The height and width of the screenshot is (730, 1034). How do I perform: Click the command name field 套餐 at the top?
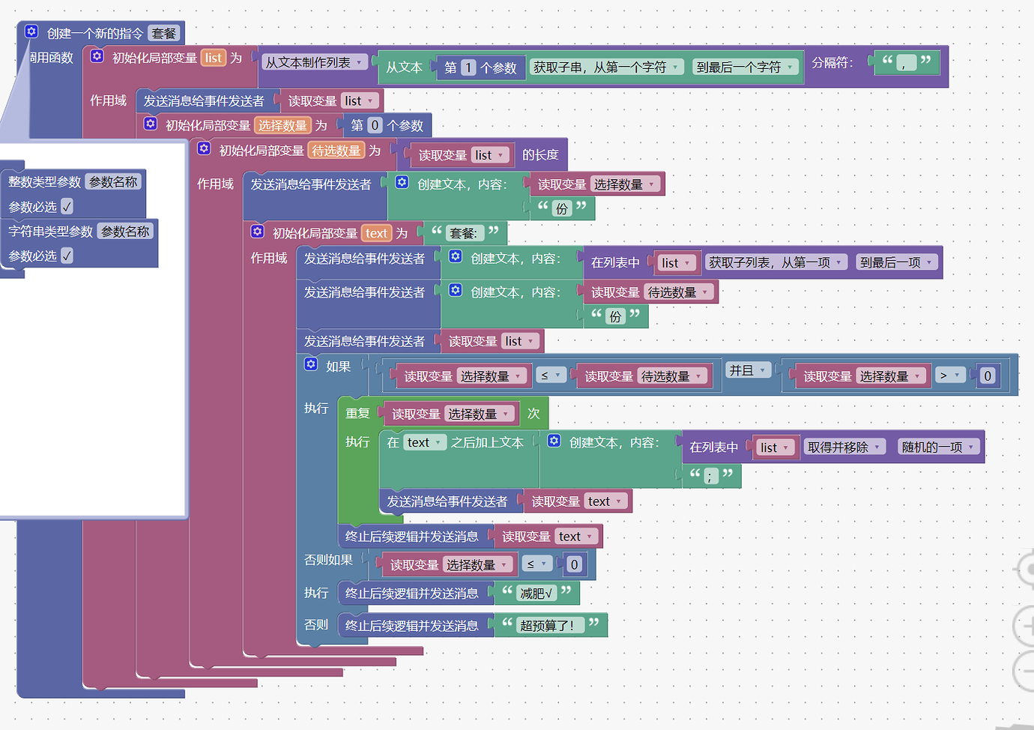(164, 34)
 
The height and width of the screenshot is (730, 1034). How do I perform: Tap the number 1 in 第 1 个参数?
(468, 67)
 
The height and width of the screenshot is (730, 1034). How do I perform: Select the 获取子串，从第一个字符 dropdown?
(607, 67)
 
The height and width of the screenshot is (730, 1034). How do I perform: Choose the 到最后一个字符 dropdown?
(744, 67)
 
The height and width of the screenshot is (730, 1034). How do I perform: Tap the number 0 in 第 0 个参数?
(375, 126)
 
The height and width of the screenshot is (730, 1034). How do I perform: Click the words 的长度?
(540, 155)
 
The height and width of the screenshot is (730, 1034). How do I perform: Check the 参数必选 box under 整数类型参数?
(67, 207)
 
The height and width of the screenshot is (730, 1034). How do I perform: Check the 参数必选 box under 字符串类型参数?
(67, 256)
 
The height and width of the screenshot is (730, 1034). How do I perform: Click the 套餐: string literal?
(464, 234)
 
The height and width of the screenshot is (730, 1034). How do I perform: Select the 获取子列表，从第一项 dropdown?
(776, 263)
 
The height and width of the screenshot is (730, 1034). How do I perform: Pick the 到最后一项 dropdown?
(896, 263)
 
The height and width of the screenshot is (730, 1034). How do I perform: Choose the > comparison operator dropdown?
(949, 376)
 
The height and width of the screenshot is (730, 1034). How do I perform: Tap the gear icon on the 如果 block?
(311, 364)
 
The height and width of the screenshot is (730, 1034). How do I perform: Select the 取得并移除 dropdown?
(844, 447)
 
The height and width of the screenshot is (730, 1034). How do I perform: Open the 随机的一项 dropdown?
(938, 447)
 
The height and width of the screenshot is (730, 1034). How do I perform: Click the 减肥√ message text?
(536, 594)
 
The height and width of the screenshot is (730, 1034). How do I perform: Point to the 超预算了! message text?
(547, 626)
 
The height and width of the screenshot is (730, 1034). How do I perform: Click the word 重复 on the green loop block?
(357, 414)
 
